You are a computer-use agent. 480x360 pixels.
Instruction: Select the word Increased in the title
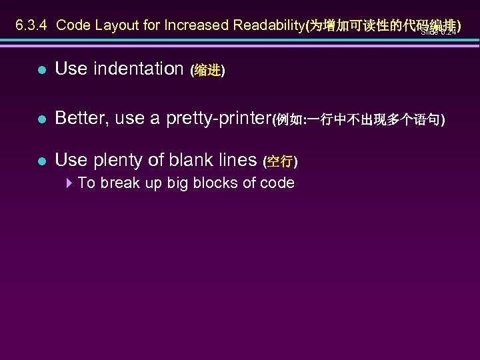[197, 25]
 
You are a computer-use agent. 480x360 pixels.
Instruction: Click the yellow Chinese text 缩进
[207, 71]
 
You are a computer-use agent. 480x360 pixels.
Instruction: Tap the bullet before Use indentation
[41, 70]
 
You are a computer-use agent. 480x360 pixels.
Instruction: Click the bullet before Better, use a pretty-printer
[41, 120]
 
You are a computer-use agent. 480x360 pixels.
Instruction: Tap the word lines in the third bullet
[238, 160]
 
